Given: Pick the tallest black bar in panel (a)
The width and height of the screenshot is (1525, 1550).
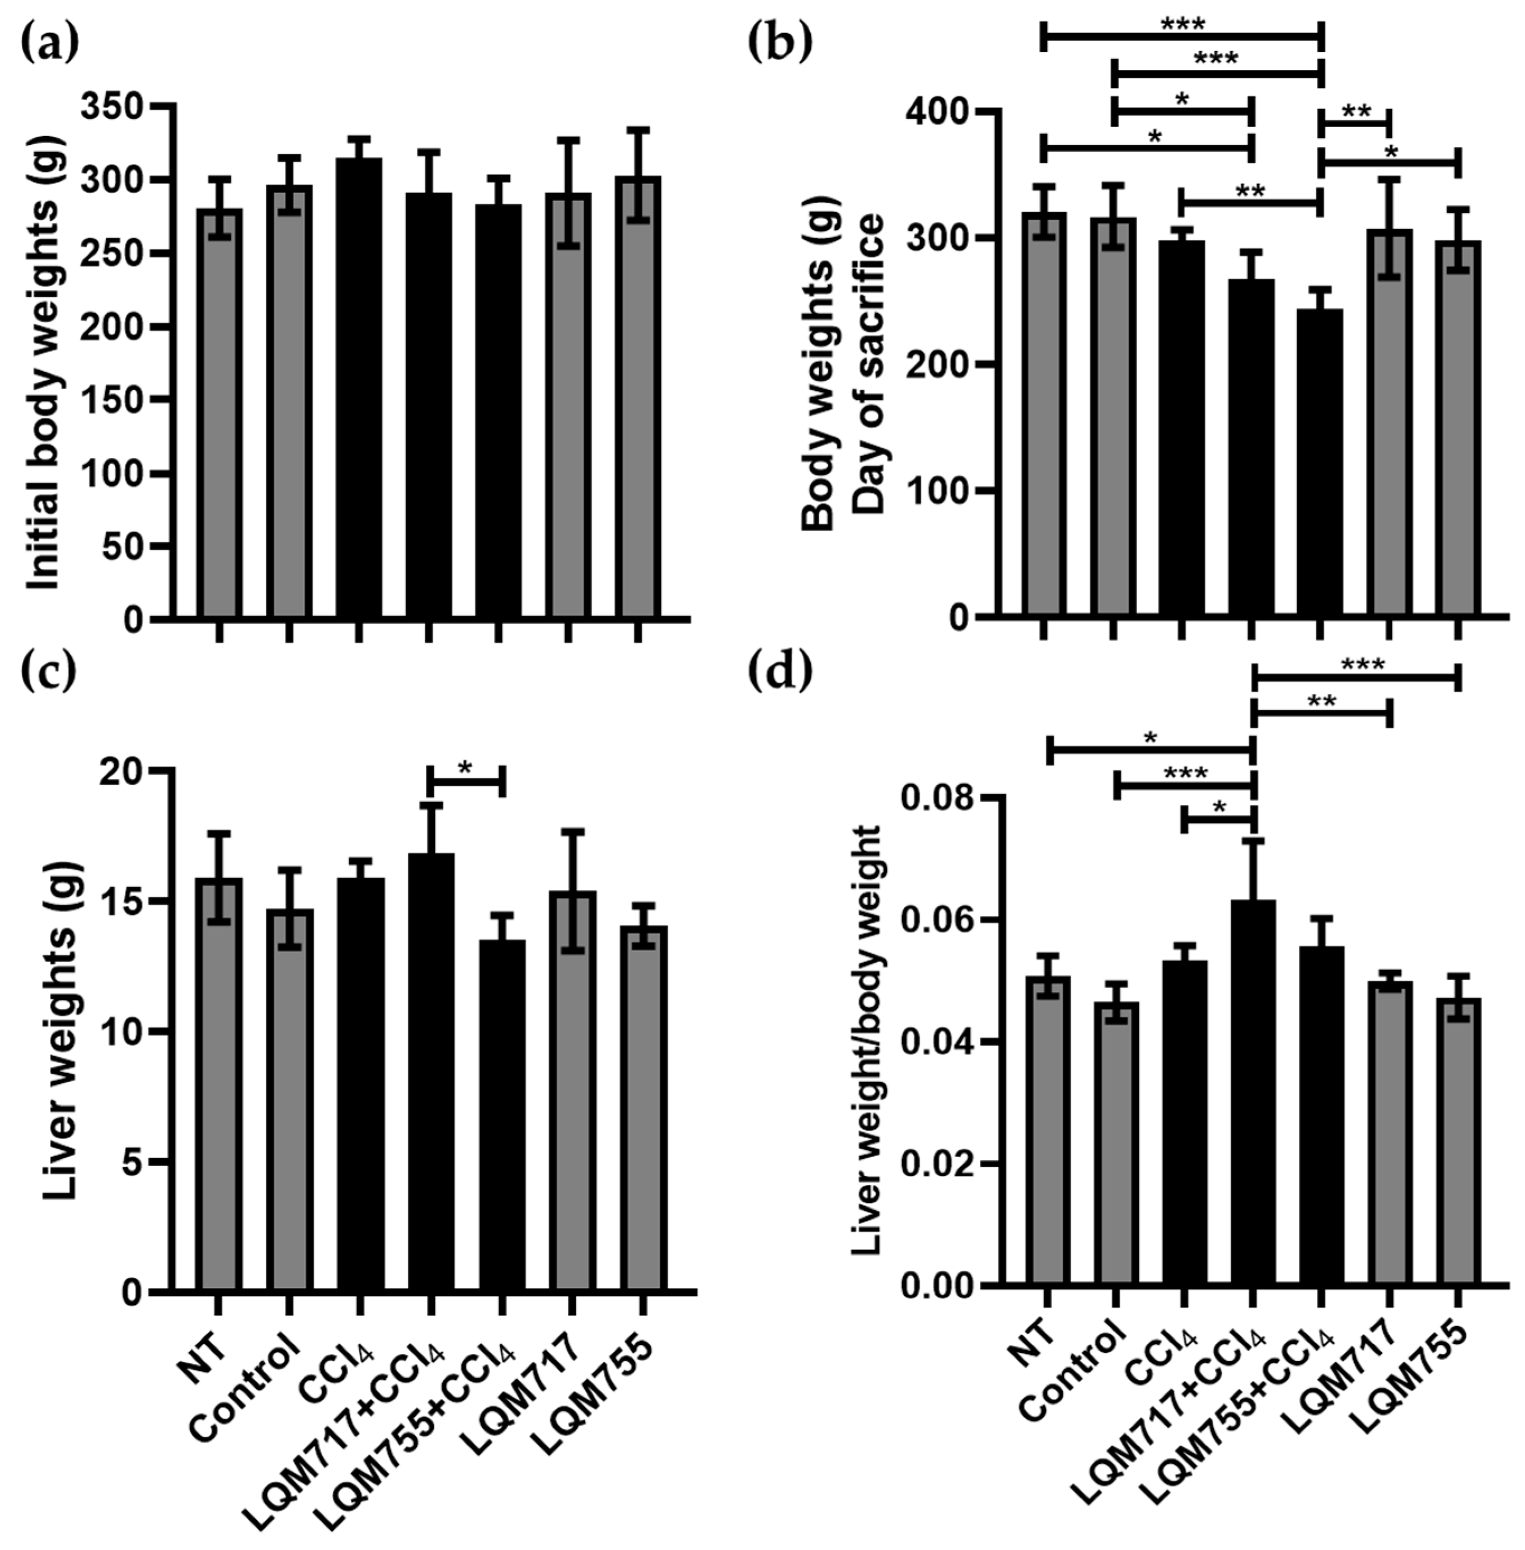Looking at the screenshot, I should pos(359,388).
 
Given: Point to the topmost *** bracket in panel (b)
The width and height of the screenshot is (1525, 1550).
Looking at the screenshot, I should pos(1182,35).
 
